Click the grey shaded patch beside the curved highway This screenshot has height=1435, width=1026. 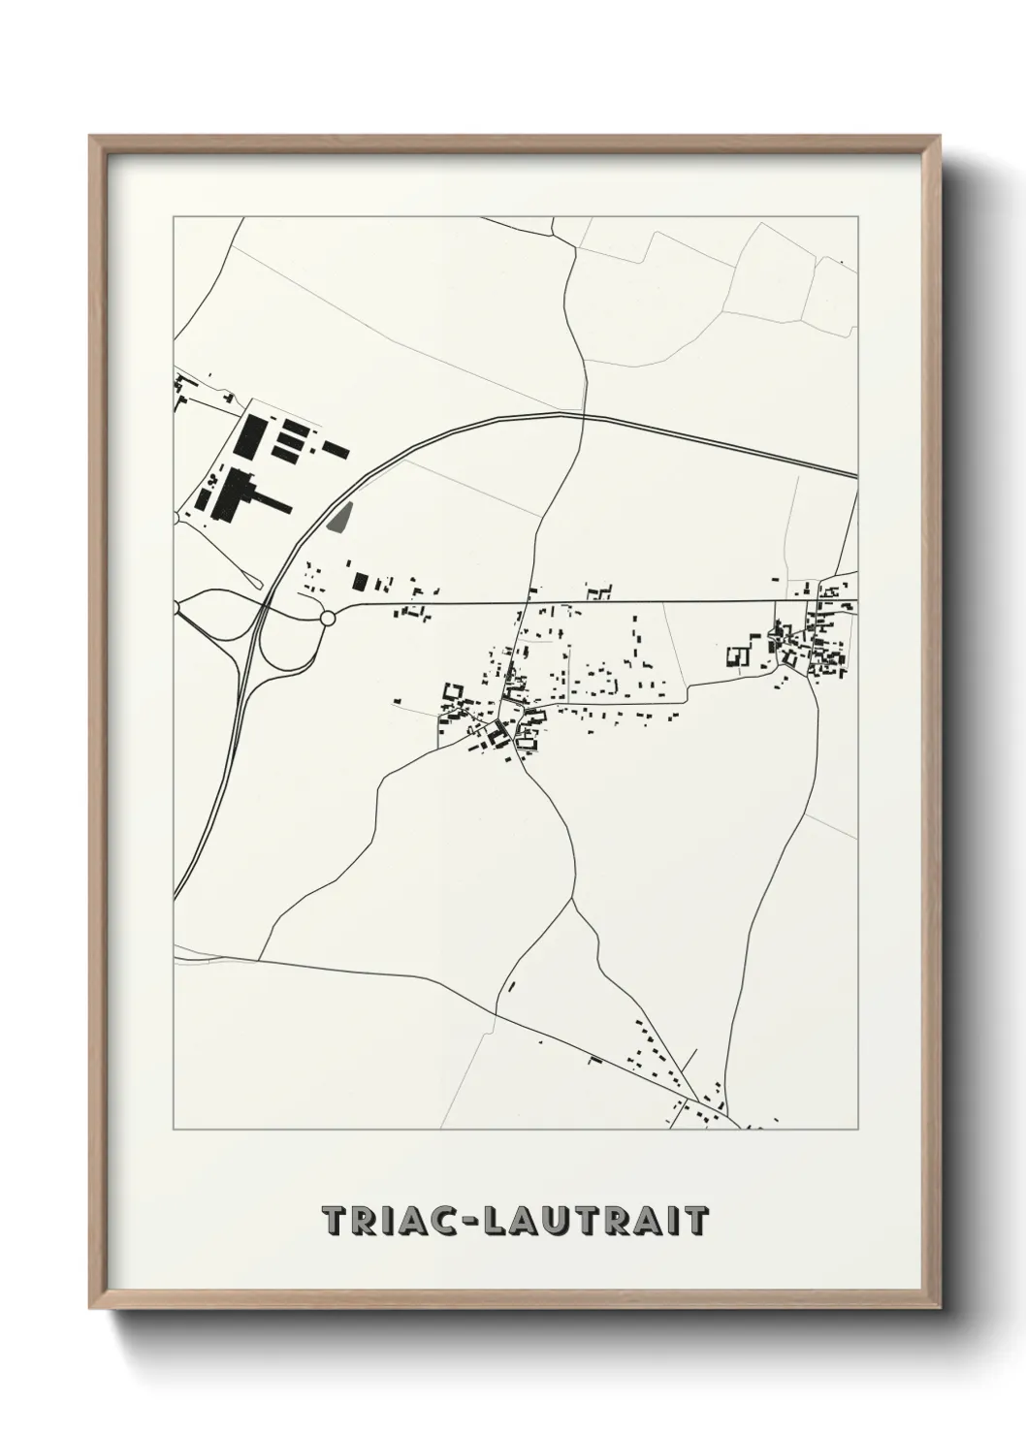338,519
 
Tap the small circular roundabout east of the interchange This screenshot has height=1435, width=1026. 328,618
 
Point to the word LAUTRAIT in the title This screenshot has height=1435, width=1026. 592,1221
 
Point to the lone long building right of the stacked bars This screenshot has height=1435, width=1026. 336,450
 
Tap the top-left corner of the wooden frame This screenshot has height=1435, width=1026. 93,139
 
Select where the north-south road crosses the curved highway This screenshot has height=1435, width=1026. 585,417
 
